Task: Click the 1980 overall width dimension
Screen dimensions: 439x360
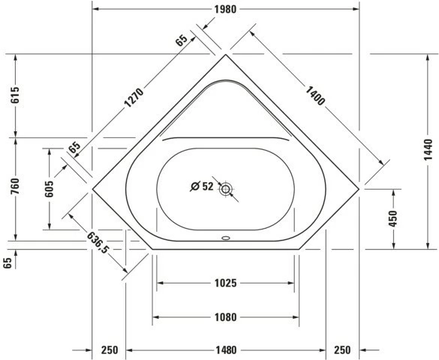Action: pyautogui.click(x=225, y=9)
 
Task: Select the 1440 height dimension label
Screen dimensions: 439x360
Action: pyautogui.click(x=428, y=150)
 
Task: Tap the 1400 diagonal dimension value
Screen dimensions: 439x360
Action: pyautogui.click(x=315, y=96)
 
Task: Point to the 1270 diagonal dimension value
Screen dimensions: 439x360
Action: pyautogui.click(x=134, y=98)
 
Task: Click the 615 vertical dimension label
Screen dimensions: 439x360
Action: pyautogui.click(x=15, y=95)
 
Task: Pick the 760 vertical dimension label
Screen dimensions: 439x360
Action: pyautogui.click(x=15, y=186)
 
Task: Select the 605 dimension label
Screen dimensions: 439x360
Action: pyautogui.click(x=49, y=189)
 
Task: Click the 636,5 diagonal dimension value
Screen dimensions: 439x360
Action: pyautogui.click(x=97, y=242)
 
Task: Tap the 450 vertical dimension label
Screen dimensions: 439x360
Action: pyautogui.click(x=393, y=219)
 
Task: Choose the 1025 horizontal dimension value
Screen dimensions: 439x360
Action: pyautogui.click(x=225, y=283)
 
